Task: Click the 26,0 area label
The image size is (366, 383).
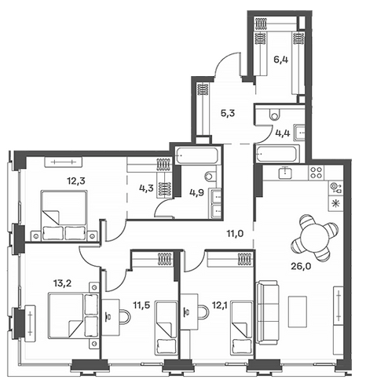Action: coord(300,267)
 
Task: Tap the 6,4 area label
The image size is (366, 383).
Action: coord(280,60)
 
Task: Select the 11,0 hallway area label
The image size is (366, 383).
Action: coord(235,233)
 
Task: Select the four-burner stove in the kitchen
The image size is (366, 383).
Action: coord(317,173)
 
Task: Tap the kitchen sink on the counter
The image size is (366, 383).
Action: coord(285,173)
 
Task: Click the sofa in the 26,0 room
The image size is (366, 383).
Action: coord(267,312)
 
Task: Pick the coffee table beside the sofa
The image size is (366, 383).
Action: coord(298,312)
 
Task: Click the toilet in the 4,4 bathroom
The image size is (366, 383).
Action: coord(275,114)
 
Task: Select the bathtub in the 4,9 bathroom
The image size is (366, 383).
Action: coord(197,155)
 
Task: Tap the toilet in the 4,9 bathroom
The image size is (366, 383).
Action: coord(211,176)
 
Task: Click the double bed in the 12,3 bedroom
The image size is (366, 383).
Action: coord(64,215)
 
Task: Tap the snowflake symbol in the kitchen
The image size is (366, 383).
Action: coord(335,203)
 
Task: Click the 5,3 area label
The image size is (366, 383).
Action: coord(228,114)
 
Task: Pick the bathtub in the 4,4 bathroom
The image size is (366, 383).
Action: coord(278,154)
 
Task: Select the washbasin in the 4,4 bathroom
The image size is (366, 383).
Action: coord(299,133)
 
